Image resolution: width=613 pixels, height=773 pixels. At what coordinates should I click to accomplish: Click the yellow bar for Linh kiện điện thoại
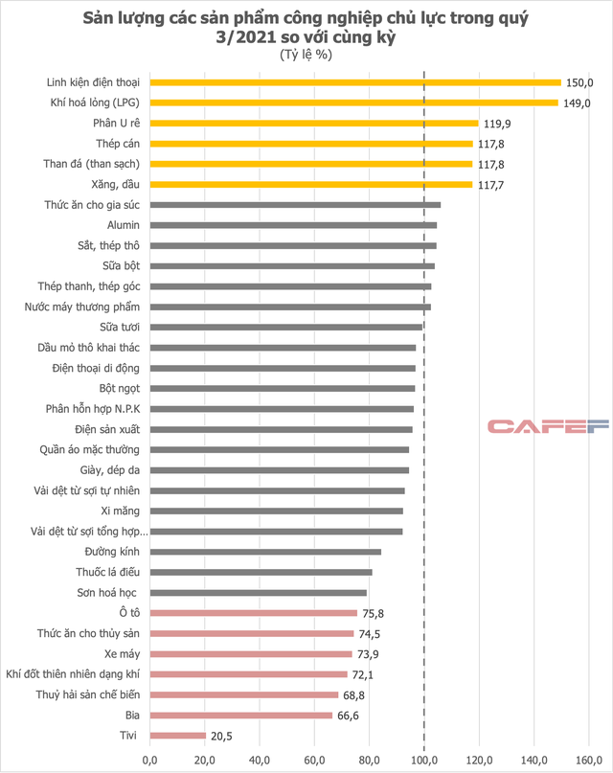pyautogui.click(x=354, y=82)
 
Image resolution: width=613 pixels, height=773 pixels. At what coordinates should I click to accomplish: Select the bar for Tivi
pyautogui.click(x=177, y=736)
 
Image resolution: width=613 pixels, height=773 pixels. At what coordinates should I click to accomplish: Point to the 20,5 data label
pyautogui.click(x=222, y=736)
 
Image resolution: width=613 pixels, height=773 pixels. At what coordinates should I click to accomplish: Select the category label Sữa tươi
pyautogui.click(x=121, y=328)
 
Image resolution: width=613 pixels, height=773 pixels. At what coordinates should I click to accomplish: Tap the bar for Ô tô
pyautogui.click(x=253, y=613)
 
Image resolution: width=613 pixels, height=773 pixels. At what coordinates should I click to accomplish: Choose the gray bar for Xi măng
pyautogui.click(x=276, y=512)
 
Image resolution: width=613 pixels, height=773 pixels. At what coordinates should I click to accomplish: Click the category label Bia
pyautogui.click(x=132, y=716)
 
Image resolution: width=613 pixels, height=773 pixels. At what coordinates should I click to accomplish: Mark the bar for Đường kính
pyautogui.click(x=265, y=552)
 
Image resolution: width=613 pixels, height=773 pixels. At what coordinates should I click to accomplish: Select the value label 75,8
pyautogui.click(x=375, y=613)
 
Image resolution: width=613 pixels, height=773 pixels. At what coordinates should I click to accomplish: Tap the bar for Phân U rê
pyautogui.click(x=313, y=123)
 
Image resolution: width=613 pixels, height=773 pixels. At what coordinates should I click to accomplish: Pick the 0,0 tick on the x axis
pyautogui.click(x=149, y=761)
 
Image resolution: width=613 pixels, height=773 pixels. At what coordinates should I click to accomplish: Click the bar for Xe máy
pyautogui.click(x=251, y=654)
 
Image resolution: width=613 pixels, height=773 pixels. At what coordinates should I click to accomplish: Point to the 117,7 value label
pyautogui.click(x=491, y=184)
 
